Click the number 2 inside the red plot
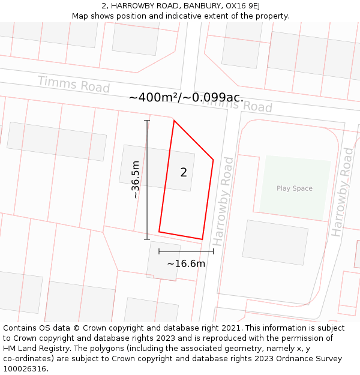[184, 173]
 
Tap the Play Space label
[295, 188]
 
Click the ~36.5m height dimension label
[136, 179]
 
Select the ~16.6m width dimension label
[186, 263]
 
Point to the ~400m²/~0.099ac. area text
[186, 97]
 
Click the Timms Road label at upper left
[73, 84]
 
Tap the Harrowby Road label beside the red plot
[223, 201]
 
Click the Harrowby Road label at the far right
[343, 192]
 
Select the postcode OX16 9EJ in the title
[242, 6]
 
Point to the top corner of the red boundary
[174, 121]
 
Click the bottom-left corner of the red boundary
[159, 232]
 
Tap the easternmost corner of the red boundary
[213, 160]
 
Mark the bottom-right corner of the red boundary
[202, 239]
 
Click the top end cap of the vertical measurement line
[147, 121]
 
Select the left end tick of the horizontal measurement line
[159, 251]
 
